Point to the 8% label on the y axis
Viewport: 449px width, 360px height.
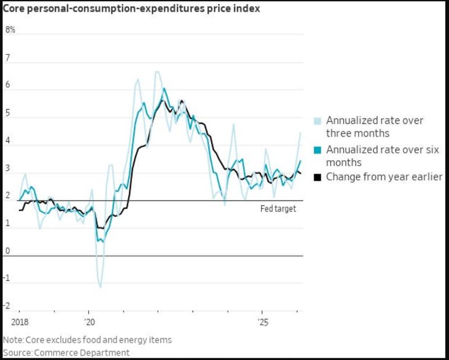[x=10, y=30]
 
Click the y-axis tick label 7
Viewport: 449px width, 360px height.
[x=8, y=58]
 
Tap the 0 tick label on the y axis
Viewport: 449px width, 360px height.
[x=8, y=251]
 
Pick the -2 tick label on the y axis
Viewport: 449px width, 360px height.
[x=7, y=306]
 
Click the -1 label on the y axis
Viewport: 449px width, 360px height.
[x=7, y=278]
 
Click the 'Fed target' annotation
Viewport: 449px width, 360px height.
[x=278, y=209]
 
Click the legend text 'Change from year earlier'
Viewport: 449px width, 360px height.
[x=384, y=177]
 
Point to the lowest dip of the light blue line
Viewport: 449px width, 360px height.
[x=100, y=287]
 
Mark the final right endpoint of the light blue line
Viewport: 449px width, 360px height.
[x=300, y=133]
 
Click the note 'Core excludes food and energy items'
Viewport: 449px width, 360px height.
[x=87, y=340]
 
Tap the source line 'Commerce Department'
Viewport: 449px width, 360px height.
[x=66, y=352]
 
